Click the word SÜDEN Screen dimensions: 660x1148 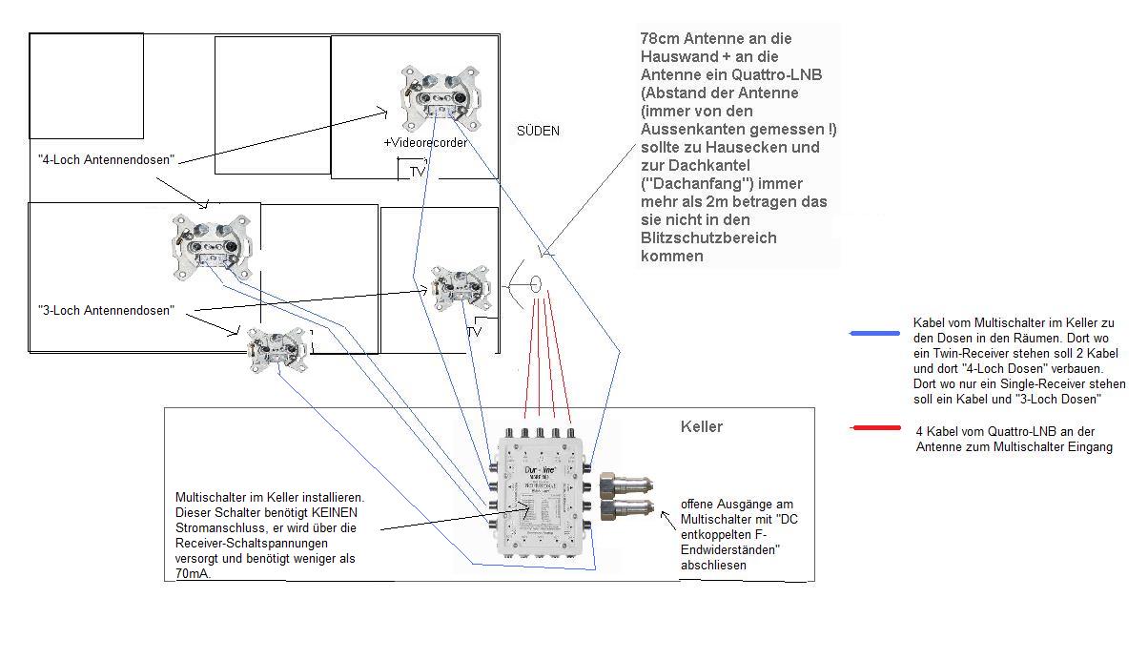[538, 131]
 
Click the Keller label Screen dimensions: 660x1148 [702, 426]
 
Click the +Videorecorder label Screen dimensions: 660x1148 [425, 142]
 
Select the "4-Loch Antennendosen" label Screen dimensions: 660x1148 [106, 159]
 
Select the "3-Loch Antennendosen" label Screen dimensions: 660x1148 [106, 310]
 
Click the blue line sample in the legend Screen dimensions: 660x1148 [874, 333]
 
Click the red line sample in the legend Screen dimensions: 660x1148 [874, 428]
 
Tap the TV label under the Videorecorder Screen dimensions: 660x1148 [417, 172]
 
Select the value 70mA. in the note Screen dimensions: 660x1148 [195, 573]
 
